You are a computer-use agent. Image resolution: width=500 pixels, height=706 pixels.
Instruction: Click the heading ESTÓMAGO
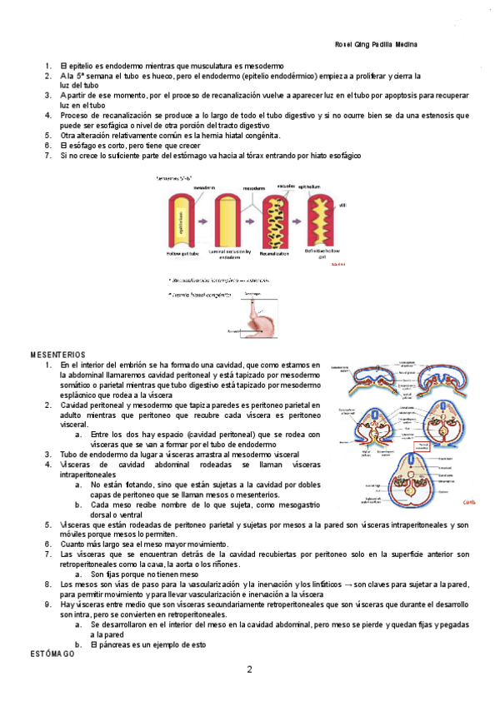(52, 656)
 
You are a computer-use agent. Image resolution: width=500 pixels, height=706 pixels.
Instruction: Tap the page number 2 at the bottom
(250, 670)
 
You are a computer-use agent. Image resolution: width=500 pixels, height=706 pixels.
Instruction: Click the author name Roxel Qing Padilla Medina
(375, 44)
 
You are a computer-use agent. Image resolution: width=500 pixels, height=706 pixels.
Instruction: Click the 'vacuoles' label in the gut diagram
(286, 186)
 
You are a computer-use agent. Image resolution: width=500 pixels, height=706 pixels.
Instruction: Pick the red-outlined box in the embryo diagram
(442, 447)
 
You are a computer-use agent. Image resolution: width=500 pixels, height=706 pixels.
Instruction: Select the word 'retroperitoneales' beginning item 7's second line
(92, 564)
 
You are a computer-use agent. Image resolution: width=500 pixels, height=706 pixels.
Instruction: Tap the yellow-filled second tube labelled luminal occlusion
(227, 218)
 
